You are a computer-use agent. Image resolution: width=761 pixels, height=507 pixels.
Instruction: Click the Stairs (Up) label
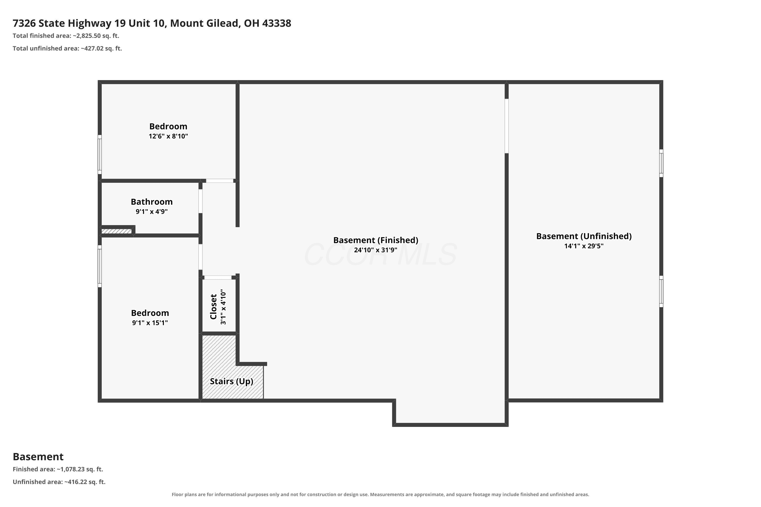click(x=231, y=382)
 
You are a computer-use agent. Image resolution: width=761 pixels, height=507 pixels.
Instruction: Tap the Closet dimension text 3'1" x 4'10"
click(x=223, y=307)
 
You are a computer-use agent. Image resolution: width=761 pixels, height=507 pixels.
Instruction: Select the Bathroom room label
click(x=151, y=202)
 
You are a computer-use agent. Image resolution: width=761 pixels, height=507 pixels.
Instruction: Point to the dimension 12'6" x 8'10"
click(x=168, y=136)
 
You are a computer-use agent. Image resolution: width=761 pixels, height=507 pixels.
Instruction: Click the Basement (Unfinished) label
click(x=584, y=236)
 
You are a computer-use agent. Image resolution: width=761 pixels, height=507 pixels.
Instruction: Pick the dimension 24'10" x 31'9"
click(x=375, y=250)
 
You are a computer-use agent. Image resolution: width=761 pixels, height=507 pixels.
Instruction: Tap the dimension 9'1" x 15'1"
click(x=150, y=323)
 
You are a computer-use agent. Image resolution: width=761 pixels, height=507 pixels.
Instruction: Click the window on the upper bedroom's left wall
click(x=100, y=155)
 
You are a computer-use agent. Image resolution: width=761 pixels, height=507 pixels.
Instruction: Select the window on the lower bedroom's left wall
click(x=100, y=266)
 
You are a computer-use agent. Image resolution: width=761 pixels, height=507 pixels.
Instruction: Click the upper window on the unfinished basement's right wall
click(x=661, y=163)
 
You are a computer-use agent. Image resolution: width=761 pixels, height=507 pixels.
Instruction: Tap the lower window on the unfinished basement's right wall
click(x=661, y=291)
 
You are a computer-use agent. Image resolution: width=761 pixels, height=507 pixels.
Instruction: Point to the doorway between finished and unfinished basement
click(x=507, y=126)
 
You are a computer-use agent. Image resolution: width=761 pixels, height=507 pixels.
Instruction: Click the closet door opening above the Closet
click(x=218, y=277)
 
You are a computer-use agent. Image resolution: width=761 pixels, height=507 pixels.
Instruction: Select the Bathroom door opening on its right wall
click(x=201, y=201)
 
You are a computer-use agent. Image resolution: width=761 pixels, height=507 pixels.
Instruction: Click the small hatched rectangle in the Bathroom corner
click(x=116, y=231)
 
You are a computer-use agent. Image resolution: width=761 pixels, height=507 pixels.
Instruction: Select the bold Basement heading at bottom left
click(x=38, y=457)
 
